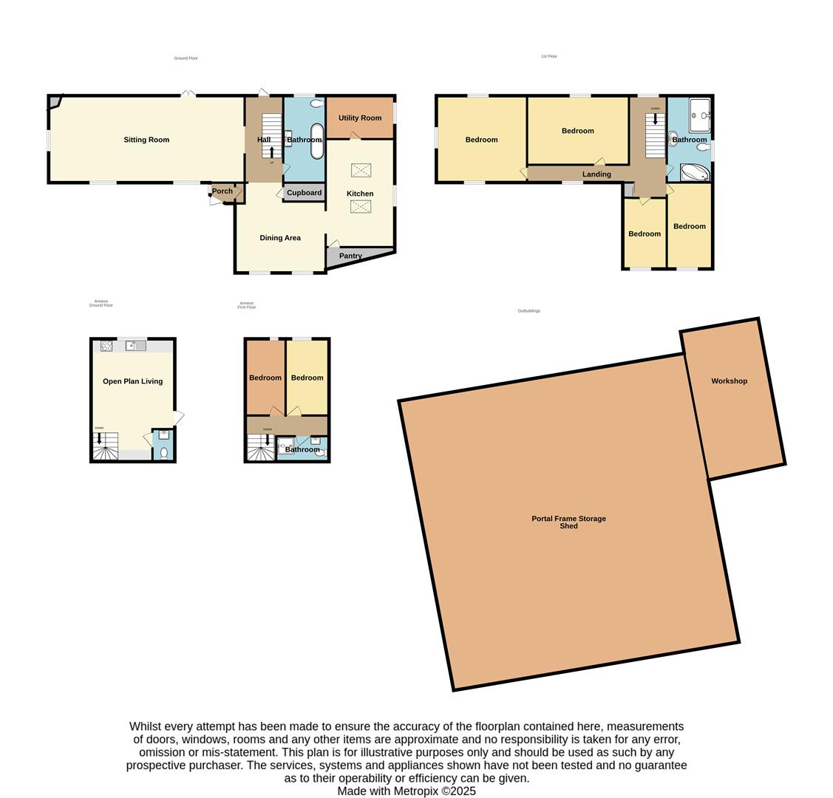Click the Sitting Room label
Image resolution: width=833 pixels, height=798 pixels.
[146, 140]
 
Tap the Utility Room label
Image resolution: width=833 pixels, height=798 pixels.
[360, 118]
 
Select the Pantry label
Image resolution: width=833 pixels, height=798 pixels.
[350, 256]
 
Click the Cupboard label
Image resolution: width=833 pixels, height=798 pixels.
[305, 193]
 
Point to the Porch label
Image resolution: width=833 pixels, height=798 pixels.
[222, 191]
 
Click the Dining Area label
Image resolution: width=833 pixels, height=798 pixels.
[280, 238]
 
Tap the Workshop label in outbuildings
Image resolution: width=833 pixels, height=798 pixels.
[729, 381]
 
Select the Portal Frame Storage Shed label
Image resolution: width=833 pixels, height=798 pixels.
[568, 522]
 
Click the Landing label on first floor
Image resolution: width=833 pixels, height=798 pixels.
[596, 174]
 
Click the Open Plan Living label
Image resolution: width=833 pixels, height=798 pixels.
[132, 381]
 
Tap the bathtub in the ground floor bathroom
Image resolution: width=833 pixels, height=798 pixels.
[316, 141]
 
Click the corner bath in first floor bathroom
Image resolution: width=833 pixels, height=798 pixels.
[694, 173]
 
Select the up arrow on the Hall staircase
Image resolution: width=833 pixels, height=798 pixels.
[272, 152]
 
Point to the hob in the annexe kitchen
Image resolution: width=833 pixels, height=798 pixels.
[106, 345]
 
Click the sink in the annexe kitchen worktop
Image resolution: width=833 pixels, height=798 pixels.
[135, 345]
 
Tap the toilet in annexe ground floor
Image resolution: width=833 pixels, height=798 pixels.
[163, 452]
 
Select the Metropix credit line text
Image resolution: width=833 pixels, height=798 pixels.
[407, 791]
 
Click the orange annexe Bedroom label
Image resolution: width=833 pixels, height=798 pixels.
[265, 378]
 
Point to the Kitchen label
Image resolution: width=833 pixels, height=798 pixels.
[360, 194]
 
